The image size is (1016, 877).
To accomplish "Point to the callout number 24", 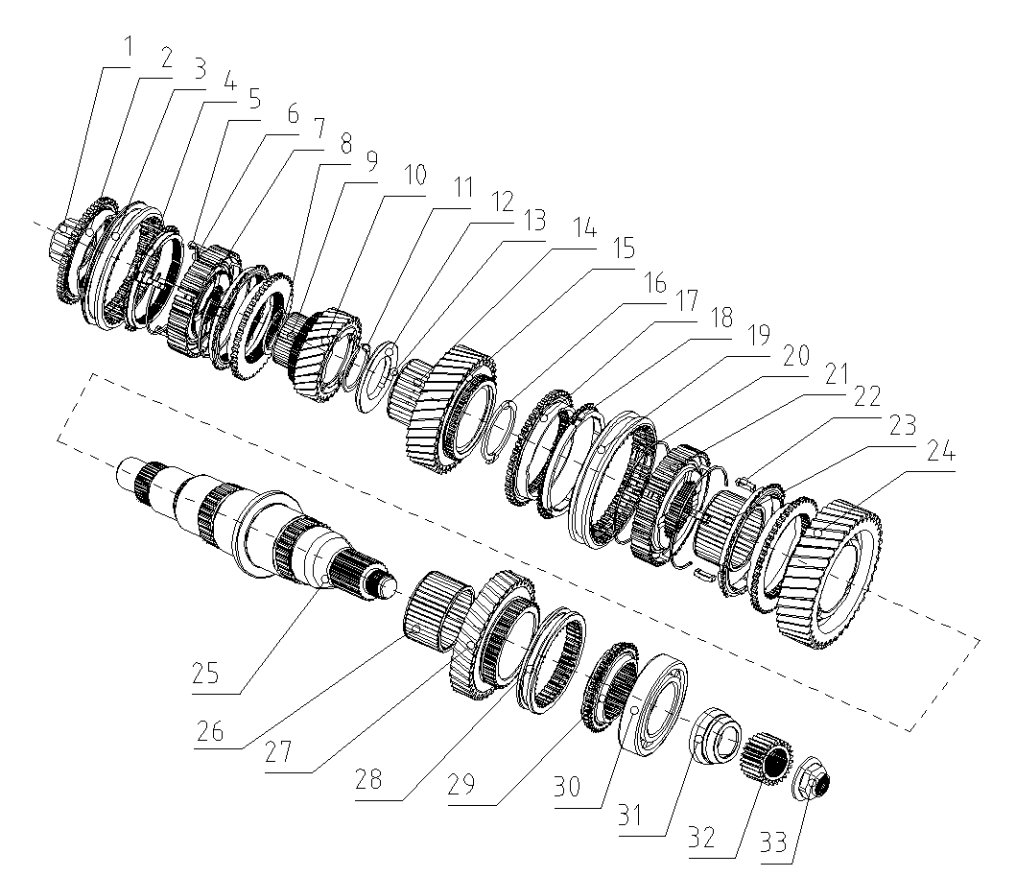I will click(941, 454).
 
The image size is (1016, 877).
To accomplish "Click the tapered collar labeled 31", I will click(716, 737).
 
